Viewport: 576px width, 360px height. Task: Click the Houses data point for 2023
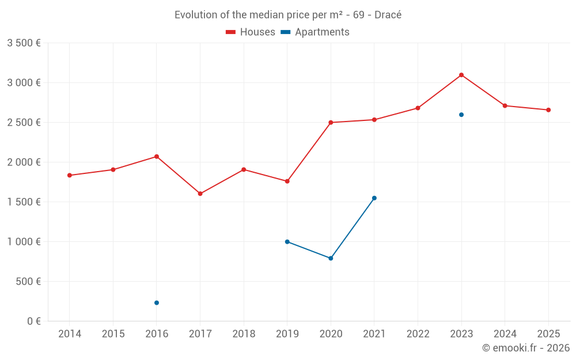coord(461,75)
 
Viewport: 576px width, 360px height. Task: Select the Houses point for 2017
coord(200,194)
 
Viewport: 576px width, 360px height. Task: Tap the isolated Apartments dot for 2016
coord(157,303)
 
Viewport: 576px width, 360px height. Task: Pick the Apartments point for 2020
coord(331,258)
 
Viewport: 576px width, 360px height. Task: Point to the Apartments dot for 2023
coord(461,115)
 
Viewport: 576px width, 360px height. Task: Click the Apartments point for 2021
coord(374,198)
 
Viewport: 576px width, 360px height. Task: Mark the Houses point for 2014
coord(70,175)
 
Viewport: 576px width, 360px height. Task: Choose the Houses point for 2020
coord(331,123)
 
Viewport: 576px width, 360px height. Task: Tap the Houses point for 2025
coord(548,110)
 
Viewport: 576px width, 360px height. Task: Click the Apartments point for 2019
coord(287,242)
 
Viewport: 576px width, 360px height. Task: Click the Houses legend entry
coord(251,32)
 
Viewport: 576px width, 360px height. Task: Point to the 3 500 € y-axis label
coord(24,43)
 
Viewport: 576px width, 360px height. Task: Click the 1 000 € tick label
coord(24,242)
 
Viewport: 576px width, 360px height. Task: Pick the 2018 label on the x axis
coord(244,334)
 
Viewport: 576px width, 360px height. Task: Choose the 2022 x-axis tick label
coord(418,334)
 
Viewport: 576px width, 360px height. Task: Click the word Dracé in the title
coord(388,15)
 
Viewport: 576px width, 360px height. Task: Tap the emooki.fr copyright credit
coord(525,348)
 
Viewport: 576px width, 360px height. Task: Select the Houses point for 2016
coord(157,157)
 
